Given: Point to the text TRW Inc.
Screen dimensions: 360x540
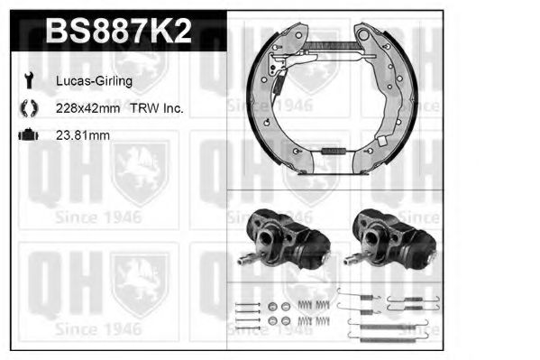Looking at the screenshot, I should pyautogui.click(x=160, y=108).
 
